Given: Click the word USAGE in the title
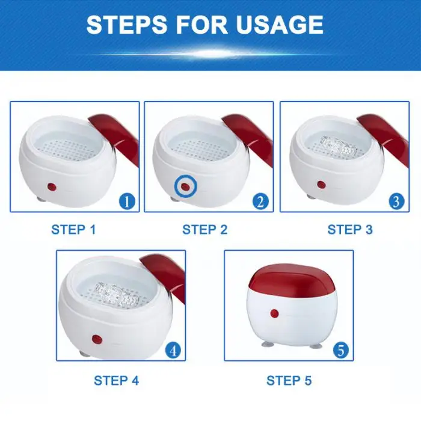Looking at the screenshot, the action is [280, 25].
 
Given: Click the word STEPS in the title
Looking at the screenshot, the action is [127, 25].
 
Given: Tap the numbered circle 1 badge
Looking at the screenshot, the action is [127, 201].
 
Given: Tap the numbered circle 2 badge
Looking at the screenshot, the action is [260, 201].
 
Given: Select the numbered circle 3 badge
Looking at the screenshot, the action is [396, 201].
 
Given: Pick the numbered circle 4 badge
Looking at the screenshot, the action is [173, 351].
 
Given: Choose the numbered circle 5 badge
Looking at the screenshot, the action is [341, 351].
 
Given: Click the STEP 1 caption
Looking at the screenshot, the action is [73, 230].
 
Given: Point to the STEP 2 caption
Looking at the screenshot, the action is [205, 230].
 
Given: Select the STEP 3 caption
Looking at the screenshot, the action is [350, 230].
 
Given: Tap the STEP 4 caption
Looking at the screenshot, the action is [116, 381].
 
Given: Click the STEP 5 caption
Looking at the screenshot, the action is [289, 381].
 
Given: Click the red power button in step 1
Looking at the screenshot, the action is [52, 187].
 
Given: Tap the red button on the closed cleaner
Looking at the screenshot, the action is [274, 313].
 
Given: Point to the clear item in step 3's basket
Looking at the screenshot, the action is [339, 147].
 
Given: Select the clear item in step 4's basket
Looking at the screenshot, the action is [117, 295].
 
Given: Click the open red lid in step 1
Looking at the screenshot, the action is [115, 134].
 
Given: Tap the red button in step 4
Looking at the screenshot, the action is [97, 340].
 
